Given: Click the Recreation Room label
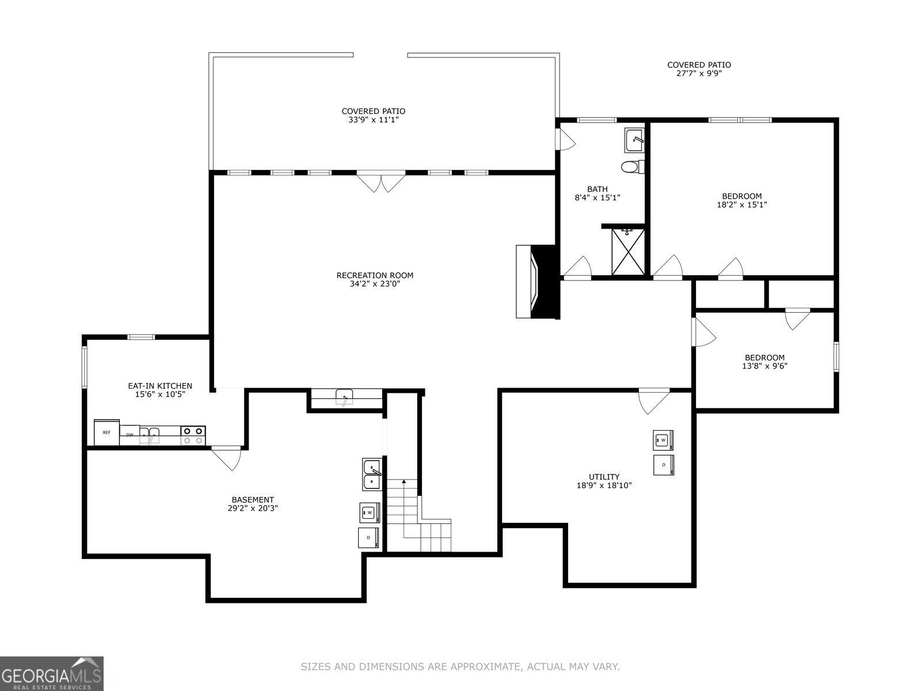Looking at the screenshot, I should coord(375,275).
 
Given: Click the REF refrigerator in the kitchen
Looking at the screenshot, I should coord(106,432).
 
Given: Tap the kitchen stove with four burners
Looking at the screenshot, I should coord(193,435).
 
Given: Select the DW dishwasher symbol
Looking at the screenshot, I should coord(130,435).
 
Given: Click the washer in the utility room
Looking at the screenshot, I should coord(663,440).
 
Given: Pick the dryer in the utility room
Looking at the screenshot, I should coord(663,465).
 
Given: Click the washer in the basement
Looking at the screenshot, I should coord(370,511).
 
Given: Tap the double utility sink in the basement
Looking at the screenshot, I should coord(371,474).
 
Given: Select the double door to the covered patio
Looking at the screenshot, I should coord(380,181).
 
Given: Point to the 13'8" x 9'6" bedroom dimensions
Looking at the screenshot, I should coord(764,366).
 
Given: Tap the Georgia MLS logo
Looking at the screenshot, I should coord(52,673).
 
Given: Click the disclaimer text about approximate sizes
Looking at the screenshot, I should coord(460,667).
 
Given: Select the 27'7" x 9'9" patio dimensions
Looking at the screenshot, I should coord(699,74).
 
